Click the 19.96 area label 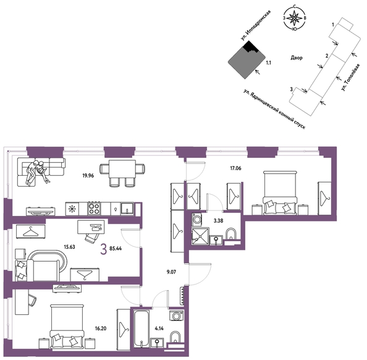pyautogui.click(x=88, y=176)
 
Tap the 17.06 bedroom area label pyautogui.click(x=235, y=168)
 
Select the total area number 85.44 pyautogui.click(x=116, y=249)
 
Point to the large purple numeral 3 pyautogui.click(x=103, y=249)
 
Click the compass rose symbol pyautogui.click(x=295, y=18)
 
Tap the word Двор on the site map pyautogui.click(x=297, y=58)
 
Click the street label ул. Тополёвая pyautogui.click(x=350, y=77)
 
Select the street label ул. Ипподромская pyautogui.click(x=256, y=25)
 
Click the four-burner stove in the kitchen pyautogui.click(x=95, y=208)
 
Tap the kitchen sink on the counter pyautogui.click(x=127, y=208)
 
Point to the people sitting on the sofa pyautogui.click(x=38, y=172)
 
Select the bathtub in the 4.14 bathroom pyautogui.click(x=141, y=329)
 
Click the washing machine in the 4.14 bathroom pyautogui.click(x=176, y=315)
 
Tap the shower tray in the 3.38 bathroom pyautogui.click(x=200, y=236)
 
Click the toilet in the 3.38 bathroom pyautogui.click(x=231, y=234)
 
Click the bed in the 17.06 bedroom pyautogui.click(x=280, y=192)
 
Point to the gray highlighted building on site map pyautogui.click(x=245, y=62)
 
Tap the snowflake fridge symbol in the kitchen pyautogui.click(x=72, y=208)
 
